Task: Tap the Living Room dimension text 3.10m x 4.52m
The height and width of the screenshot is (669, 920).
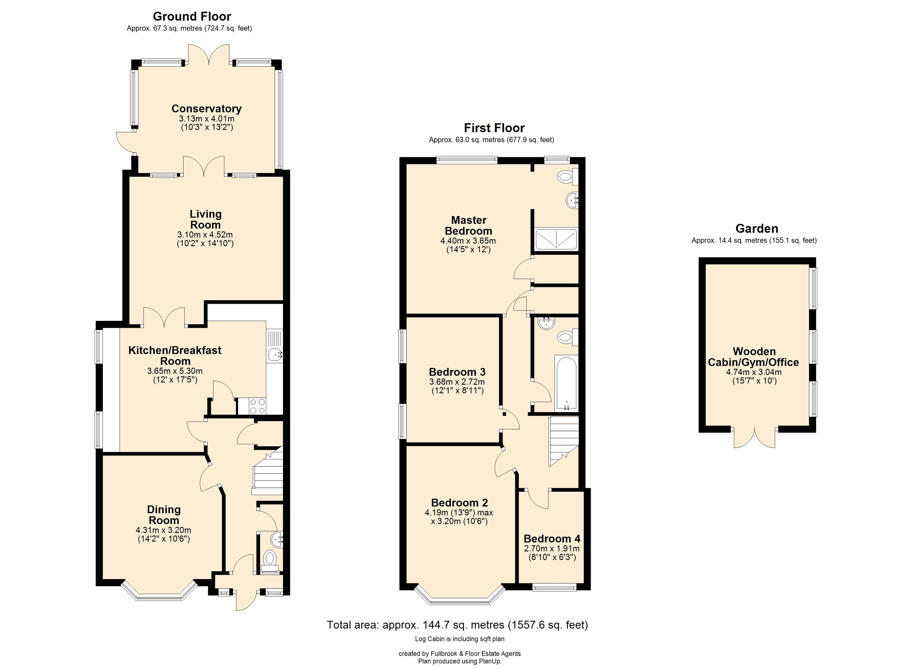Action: [205, 234]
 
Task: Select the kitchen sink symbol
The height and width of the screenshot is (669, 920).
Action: [275, 354]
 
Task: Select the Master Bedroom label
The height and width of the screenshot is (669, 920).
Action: [469, 226]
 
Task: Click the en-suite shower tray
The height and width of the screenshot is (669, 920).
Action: [556, 239]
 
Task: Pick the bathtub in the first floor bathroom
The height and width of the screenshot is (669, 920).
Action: [566, 383]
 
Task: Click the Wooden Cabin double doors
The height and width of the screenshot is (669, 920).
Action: [754, 438]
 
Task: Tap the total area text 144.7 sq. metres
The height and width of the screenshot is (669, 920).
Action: [457, 625]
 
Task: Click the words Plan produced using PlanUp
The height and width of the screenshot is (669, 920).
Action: [460, 661]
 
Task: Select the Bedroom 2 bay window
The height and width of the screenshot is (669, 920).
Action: [460, 600]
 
